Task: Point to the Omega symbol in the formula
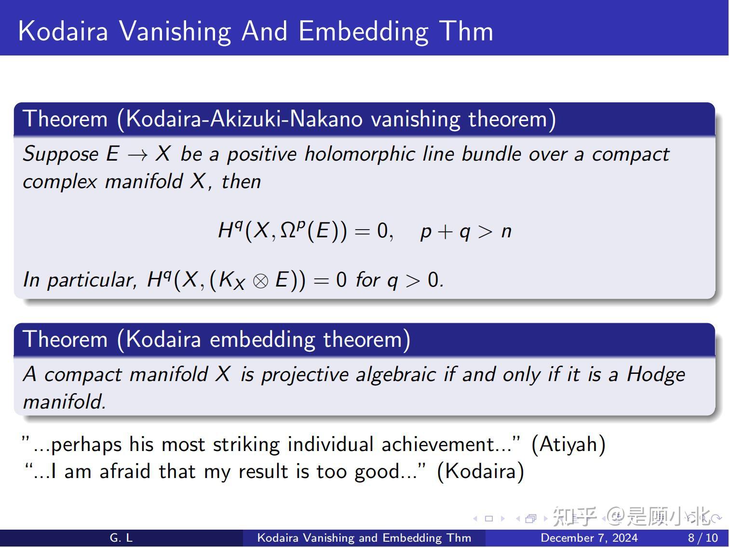287,231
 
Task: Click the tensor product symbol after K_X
260,280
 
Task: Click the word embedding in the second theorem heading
263,340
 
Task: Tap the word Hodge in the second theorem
656,374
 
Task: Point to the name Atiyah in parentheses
568,444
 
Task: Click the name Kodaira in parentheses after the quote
480,471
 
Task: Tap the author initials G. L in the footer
121,538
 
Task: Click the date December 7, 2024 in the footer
589,538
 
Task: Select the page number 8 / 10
702,538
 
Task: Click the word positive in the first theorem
261,154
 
